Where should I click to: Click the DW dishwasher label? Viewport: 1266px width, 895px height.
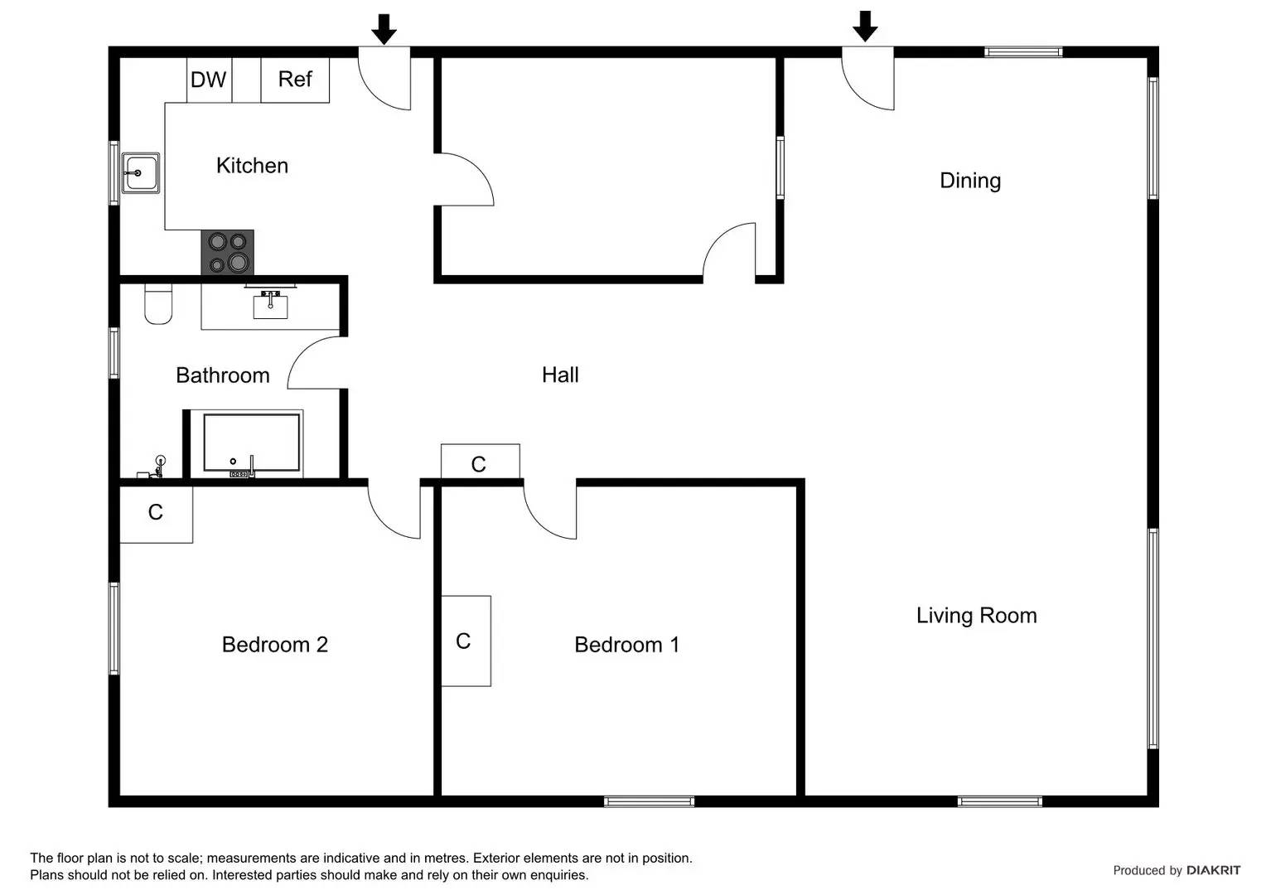208,80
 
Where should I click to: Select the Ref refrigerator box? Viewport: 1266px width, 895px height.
295,80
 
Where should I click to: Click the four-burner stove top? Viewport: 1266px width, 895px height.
228,252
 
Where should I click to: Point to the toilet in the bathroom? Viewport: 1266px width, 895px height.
158,304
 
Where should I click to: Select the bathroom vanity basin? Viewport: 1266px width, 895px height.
270,305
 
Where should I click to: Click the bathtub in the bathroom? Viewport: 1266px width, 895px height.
251,443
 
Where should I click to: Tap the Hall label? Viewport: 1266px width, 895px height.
560,375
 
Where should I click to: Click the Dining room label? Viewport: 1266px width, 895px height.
970,181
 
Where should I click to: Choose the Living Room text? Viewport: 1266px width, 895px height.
976,616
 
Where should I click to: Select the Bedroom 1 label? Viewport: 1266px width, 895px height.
626,645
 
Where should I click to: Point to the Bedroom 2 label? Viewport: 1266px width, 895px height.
275,645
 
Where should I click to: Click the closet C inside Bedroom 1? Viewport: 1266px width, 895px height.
465,641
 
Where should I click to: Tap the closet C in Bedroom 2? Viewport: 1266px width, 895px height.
156,513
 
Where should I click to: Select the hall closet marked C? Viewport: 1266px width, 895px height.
479,463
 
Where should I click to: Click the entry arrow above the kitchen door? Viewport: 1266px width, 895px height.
384,29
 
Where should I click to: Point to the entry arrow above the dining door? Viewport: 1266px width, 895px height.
865,27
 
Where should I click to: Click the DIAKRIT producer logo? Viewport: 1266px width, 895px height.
1213,870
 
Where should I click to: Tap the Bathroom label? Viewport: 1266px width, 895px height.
223,375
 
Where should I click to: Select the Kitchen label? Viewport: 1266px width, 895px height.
252,166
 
